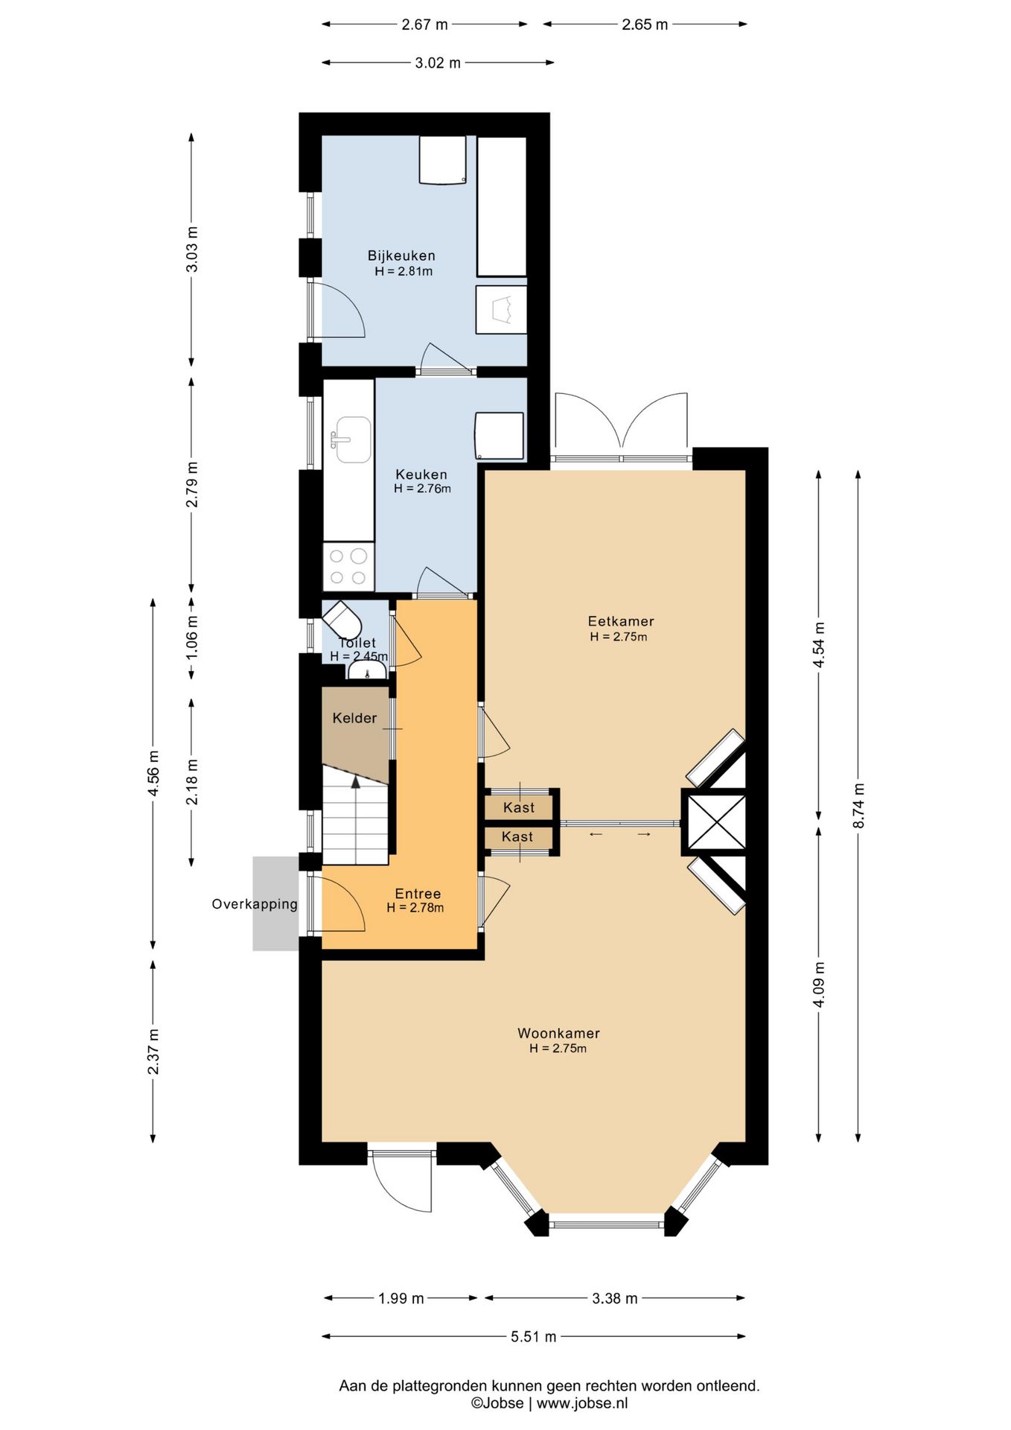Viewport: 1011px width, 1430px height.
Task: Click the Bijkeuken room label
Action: (401, 255)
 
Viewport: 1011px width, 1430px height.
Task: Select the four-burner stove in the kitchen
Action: (348, 567)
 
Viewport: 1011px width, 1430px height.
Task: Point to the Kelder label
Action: (354, 718)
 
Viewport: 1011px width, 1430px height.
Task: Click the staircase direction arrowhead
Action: (356, 781)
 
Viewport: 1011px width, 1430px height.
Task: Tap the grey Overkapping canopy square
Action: (275, 903)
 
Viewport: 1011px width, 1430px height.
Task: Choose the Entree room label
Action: (418, 894)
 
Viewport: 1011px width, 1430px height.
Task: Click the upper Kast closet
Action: (519, 807)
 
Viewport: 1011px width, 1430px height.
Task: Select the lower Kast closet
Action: (518, 837)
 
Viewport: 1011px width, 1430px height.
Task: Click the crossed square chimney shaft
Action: (715, 822)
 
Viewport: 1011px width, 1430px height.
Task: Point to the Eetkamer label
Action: (621, 621)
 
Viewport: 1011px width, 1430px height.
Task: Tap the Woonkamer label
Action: (558, 1033)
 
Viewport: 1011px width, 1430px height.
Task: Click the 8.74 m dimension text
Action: (858, 805)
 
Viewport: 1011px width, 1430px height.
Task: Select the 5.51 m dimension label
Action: (534, 1337)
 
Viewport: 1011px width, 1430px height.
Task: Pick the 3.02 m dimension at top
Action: (438, 63)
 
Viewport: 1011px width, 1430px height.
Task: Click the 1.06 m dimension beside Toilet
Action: (192, 637)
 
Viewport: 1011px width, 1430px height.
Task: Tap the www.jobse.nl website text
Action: (582, 1403)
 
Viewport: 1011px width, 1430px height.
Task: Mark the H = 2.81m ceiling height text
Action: (404, 272)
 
